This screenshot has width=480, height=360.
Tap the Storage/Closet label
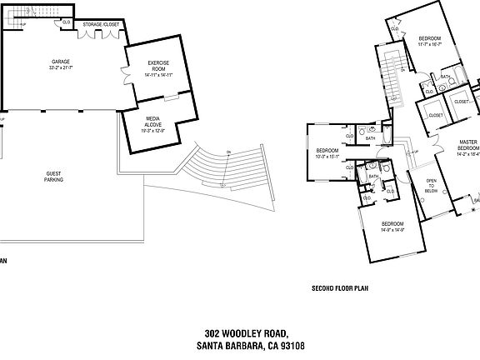(101, 25)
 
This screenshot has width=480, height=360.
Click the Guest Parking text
(54, 176)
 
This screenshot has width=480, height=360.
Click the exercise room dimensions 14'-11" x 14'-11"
(159, 76)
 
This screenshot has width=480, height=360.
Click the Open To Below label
(431, 184)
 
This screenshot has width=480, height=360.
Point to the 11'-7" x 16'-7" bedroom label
(429, 46)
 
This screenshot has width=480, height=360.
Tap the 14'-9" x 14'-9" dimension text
(392, 231)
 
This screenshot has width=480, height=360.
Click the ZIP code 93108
(292, 346)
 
